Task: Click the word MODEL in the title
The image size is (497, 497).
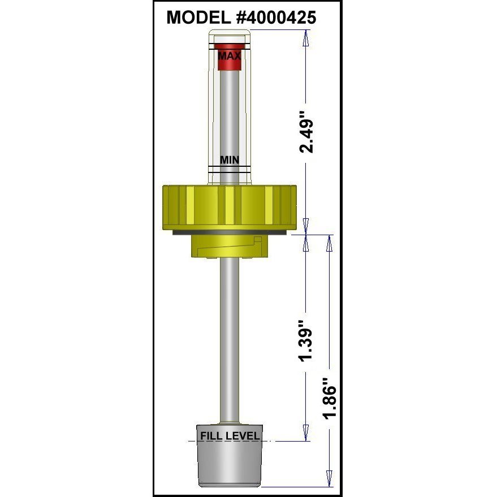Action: [200, 18]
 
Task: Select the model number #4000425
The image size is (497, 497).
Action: [276, 18]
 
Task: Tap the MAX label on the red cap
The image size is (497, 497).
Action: [230, 55]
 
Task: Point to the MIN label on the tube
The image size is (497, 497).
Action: [230, 160]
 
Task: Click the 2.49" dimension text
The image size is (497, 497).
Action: [306, 136]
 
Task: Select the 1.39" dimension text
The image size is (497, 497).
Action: [306, 342]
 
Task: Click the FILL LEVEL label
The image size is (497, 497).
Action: [230, 436]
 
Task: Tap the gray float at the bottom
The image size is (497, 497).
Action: [230, 464]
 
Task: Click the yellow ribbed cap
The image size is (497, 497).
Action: [230, 206]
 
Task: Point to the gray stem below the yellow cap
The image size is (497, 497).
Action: [230, 339]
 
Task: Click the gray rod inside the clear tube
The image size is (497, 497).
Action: [230, 113]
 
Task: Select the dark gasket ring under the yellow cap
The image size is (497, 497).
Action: [230, 232]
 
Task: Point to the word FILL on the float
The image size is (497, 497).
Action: [210, 436]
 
